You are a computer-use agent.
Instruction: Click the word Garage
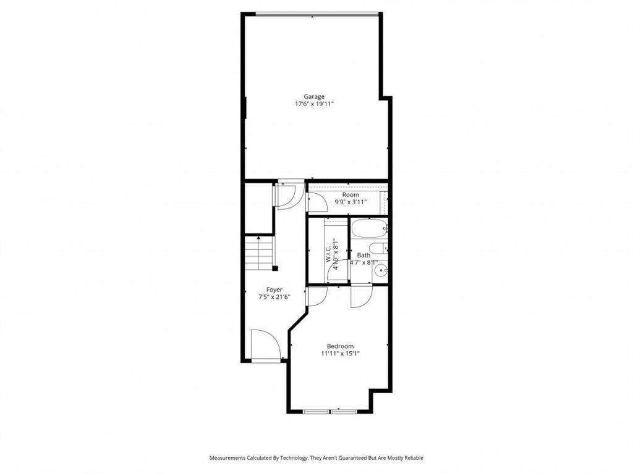pos(314,97)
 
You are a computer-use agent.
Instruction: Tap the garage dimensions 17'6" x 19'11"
pos(314,104)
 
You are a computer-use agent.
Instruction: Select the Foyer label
pos(274,289)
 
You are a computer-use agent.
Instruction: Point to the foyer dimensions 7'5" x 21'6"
pos(274,297)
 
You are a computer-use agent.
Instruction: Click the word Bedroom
pos(341,346)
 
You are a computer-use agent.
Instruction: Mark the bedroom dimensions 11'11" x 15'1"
pos(341,354)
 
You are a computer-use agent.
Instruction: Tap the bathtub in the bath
pos(369,229)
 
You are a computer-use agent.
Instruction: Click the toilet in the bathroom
pos(379,249)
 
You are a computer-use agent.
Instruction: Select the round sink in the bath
pos(380,270)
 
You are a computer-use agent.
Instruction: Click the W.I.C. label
pos(329,252)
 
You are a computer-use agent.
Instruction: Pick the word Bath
pos(363,255)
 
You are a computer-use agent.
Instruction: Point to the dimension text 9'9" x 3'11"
pos(350,202)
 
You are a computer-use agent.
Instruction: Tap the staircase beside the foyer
pos(259,254)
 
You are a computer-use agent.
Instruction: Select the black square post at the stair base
pos(275,268)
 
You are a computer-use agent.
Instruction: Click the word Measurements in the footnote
pos(227,458)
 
